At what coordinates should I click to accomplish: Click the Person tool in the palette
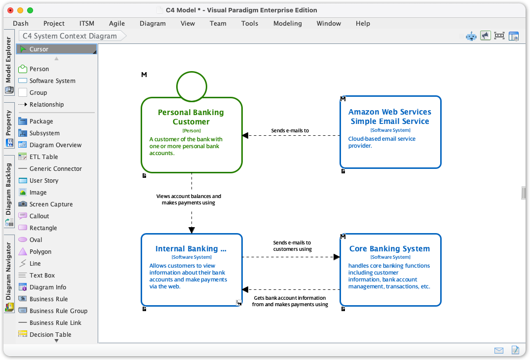(x=38, y=69)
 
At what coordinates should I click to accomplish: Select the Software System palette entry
(x=52, y=81)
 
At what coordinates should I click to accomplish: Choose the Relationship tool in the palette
(x=46, y=105)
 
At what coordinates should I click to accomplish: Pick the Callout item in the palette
(x=39, y=216)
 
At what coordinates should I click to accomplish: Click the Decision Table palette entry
(x=50, y=335)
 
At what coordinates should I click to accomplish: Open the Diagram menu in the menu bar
(x=152, y=23)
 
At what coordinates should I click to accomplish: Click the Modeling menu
(x=287, y=23)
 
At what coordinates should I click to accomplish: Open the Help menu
(x=363, y=23)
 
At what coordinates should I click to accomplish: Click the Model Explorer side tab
(x=8, y=60)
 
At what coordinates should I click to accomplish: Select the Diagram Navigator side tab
(x=8, y=271)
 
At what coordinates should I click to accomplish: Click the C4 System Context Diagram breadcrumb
(x=70, y=36)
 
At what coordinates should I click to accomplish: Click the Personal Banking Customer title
(x=191, y=117)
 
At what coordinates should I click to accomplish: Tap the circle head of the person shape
(x=191, y=86)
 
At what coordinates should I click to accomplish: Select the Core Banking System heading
(x=389, y=249)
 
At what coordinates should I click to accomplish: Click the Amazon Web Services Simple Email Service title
(x=389, y=117)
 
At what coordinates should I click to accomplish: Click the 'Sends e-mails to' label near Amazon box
(x=290, y=131)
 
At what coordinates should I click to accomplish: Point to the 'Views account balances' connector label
(x=189, y=200)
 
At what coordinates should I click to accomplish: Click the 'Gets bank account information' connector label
(x=290, y=301)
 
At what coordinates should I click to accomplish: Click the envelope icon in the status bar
(x=499, y=350)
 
